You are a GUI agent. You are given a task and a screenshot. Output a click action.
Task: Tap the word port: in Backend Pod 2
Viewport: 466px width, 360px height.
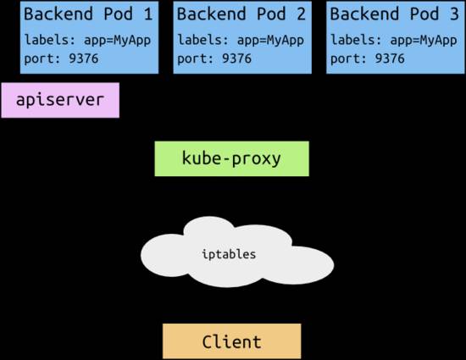(x=195, y=58)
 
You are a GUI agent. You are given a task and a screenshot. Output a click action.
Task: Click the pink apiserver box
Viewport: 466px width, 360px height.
(x=60, y=100)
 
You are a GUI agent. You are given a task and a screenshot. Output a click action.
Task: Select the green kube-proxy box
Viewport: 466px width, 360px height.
(x=231, y=158)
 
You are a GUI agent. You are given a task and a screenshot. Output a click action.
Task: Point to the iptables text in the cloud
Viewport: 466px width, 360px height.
(x=230, y=253)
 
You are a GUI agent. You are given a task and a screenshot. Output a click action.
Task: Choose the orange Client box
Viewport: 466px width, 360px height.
(x=231, y=342)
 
